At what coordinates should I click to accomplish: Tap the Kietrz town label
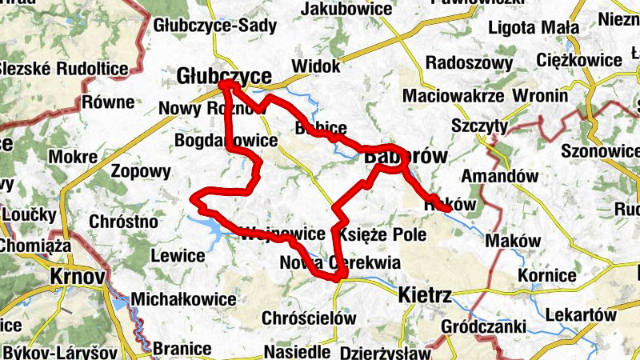pos(425,297)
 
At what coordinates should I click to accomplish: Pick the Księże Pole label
pos(382,235)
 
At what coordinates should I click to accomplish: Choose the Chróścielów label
pos(309,318)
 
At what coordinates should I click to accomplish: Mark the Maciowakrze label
pos(453,96)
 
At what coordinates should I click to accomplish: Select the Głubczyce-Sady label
pos(215,26)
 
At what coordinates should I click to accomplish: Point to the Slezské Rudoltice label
pos(64,68)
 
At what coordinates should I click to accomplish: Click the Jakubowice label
pos(347,10)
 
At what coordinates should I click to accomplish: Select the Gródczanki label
pos(483,326)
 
